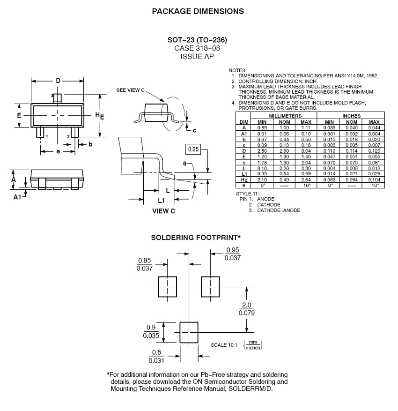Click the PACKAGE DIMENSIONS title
pyautogui.click(x=198, y=11)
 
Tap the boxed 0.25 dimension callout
pyautogui.click(x=192, y=149)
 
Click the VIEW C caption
pyautogui.click(x=164, y=211)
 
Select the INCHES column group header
pyautogui.click(x=351, y=115)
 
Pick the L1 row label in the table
pyautogui.click(x=243, y=174)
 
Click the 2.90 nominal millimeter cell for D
pyautogui.click(x=284, y=151)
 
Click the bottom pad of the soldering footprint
pyautogui.click(x=189, y=332)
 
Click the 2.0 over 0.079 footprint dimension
pyautogui.click(x=247, y=309)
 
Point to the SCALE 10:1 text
pyautogui.click(x=224, y=345)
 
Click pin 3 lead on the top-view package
pyautogui.click(x=57, y=98)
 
